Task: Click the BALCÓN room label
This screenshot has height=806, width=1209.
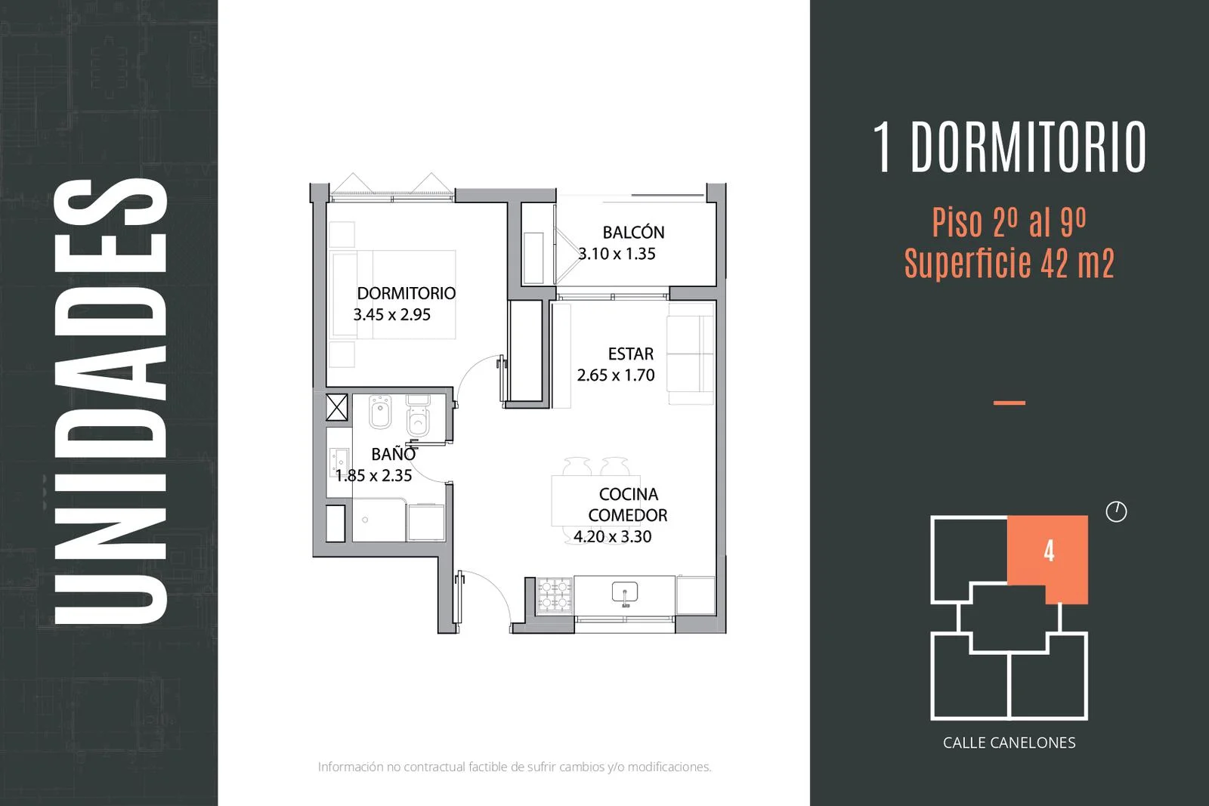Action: click(x=633, y=233)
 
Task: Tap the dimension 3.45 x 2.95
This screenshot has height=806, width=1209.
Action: click(x=392, y=314)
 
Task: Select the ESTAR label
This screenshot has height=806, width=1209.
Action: click(x=630, y=354)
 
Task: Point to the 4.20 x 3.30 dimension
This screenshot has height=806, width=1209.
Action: click(x=613, y=537)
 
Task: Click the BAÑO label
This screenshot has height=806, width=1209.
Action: click(x=394, y=454)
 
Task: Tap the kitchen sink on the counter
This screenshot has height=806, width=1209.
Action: click(x=624, y=592)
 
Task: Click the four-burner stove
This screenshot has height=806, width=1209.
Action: click(x=555, y=595)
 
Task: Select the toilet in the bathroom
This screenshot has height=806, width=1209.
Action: click(x=419, y=415)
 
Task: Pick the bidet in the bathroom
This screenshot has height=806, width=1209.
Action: click(x=380, y=412)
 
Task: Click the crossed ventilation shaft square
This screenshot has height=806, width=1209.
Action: click(x=337, y=407)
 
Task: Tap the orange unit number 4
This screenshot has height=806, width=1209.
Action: click(x=1049, y=551)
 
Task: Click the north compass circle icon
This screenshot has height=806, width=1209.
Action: click(x=1116, y=511)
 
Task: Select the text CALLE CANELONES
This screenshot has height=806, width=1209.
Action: click(x=1010, y=743)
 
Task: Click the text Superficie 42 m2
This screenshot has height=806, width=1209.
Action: click(x=1010, y=264)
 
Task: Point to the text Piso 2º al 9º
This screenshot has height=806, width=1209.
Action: click(x=1009, y=222)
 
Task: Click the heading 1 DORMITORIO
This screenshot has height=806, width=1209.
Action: click(x=1010, y=147)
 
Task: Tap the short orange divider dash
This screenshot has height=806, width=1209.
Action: click(x=1010, y=403)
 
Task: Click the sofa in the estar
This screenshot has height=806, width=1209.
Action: click(x=691, y=354)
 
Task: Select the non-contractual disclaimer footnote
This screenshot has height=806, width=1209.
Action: click(x=515, y=767)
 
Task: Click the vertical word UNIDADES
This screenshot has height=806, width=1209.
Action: click(x=110, y=401)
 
